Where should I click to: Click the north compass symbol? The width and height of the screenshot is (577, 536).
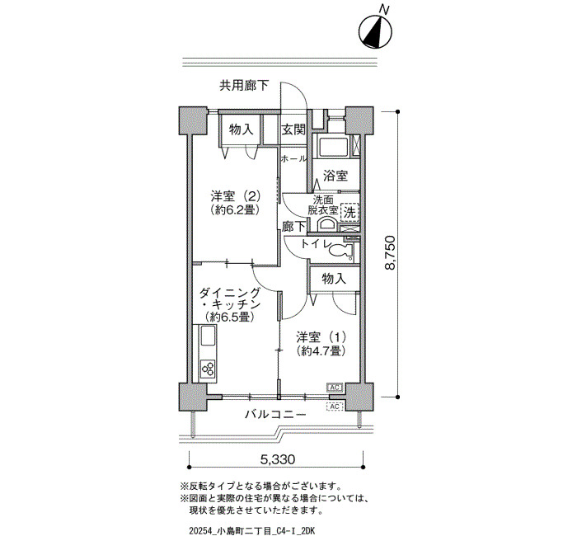click(375, 32)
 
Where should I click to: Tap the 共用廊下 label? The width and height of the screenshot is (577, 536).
click(244, 86)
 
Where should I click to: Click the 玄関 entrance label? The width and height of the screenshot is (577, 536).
click(293, 129)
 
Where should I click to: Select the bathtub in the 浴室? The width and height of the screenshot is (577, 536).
click(333, 148)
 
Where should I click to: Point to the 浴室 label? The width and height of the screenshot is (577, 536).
click(335, 176)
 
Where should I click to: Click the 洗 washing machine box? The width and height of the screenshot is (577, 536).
click(349, 212)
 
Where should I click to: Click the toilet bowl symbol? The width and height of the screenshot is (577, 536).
click(340, 252)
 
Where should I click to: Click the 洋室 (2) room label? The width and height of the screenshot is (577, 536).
click(236, 202)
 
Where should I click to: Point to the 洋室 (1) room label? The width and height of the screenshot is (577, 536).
click(321, 344)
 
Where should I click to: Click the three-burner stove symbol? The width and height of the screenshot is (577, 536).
click(208, 369)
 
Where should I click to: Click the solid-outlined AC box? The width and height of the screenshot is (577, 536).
click(335, 388)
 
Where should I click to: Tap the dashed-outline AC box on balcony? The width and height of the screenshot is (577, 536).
click(335, 407)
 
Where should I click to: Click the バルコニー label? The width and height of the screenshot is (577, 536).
click(275, 415)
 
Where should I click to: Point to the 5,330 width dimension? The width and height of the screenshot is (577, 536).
click(278, 459)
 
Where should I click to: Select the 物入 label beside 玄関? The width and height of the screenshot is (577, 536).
click(242, 129)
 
